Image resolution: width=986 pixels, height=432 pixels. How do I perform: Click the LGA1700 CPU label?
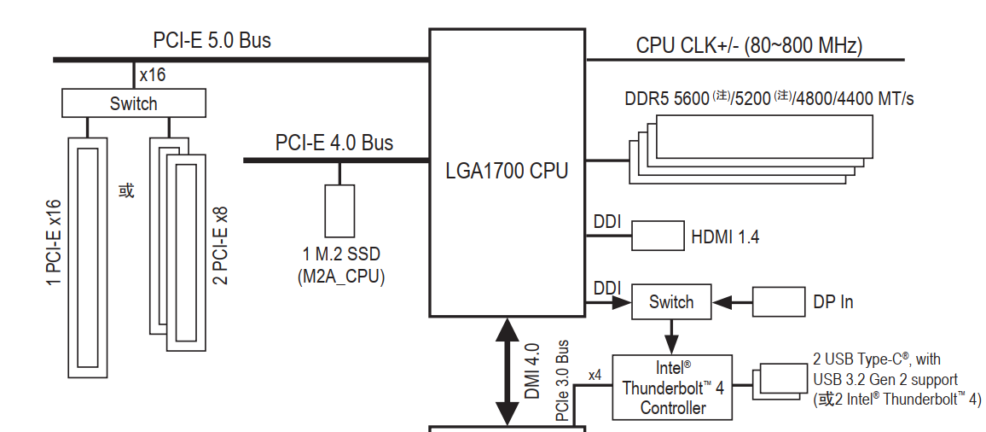(x=507, y=171)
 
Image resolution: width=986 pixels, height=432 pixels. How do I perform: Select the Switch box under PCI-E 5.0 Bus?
(x=134, y=104)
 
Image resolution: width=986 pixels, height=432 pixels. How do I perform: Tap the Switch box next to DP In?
(x=670, y=302)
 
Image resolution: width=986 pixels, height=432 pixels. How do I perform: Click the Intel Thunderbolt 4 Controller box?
(x=672, y=388)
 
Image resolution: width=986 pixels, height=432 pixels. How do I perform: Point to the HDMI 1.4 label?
(x=725, y=236)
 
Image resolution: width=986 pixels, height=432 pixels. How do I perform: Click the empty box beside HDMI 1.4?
(x=658, y=236)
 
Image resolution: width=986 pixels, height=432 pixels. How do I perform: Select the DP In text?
(x=833, y=302)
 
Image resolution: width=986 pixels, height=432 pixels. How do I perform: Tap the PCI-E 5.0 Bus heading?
(x=212, y=40)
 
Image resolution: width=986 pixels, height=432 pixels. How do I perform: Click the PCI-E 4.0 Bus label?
(x=334, y=143)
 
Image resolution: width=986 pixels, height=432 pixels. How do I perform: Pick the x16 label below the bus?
(x=153, y=75)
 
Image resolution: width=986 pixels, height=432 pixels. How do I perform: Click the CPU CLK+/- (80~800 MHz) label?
(x=749, y=45)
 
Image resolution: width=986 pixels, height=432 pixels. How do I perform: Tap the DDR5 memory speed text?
(x=768, y=99)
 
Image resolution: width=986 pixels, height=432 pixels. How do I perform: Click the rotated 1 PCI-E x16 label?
(x=54, y=248)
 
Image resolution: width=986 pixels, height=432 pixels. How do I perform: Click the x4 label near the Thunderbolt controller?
(x=595, y=374)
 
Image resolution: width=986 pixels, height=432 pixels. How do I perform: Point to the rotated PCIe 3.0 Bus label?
(x=562, y=381)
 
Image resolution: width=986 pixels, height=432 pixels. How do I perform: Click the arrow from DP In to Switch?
(x=731, y=302)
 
